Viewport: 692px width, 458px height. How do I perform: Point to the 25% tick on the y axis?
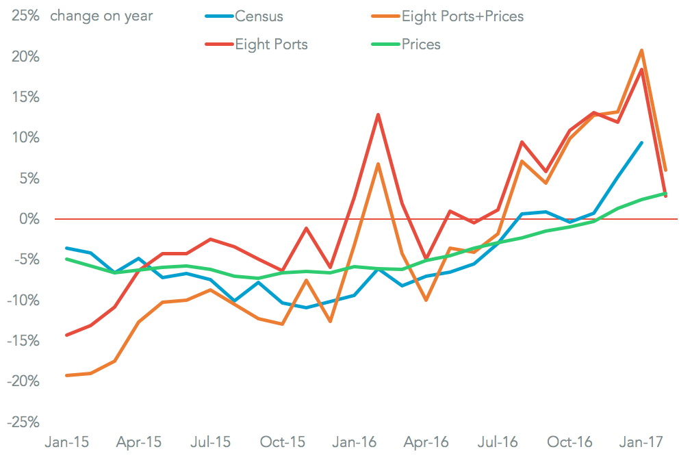point(24,16)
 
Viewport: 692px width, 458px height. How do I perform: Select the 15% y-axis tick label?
point(24,97)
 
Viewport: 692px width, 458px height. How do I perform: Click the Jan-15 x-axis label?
point(66,442)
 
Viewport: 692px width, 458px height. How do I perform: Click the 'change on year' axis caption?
point(102,16)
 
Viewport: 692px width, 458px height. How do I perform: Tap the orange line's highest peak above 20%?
point(641,50)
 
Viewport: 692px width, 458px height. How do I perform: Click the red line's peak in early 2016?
point(378,114)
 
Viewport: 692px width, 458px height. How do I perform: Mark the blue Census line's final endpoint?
point(641,142)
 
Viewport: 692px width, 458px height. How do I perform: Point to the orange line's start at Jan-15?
point(66,375)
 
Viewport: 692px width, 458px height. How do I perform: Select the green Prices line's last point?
point(665,193)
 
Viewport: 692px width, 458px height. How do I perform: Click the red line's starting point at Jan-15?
point(66,335)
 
